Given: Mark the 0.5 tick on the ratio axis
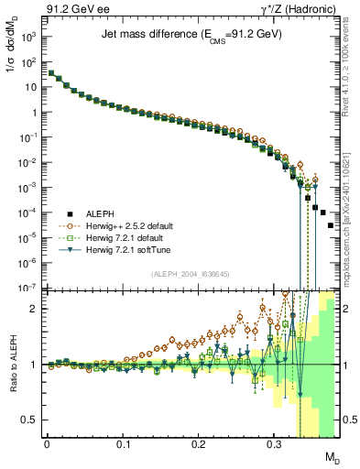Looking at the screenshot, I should click(x=32, y=420).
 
